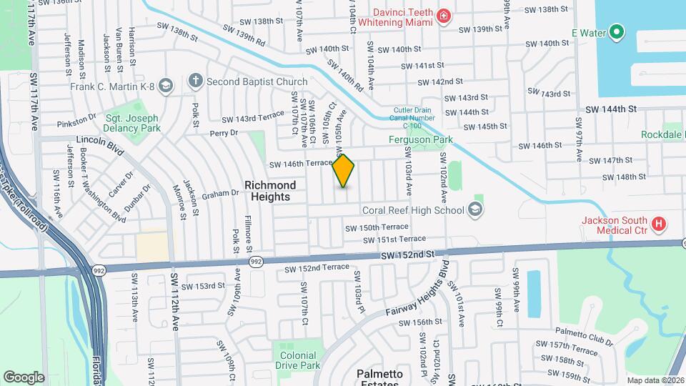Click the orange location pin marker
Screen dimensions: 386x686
tap(344, 171)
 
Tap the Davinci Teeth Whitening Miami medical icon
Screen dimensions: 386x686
tap(444, 16)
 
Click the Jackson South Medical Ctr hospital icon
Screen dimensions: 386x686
tap(660, 224)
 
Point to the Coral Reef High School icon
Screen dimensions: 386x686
tap(475, 210)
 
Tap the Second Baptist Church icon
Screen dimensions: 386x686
tap(195, 82)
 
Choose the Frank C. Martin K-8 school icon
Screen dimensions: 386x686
tap(166, 86)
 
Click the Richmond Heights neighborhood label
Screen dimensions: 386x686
tap(270, 191)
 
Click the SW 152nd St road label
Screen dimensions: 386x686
tap(407, 254)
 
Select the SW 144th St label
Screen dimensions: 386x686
tap(610, 109)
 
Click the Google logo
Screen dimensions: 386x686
tap(24, 377)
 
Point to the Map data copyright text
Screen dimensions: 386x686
tap(655, 380)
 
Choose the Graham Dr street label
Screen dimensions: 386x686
tap(219, 193)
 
